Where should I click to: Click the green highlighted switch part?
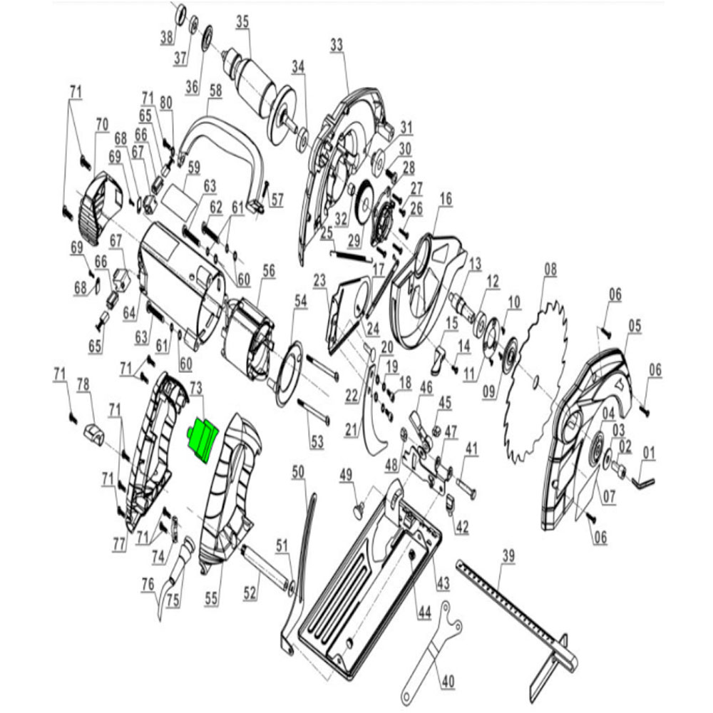pyautogui.click(x=202, y=440)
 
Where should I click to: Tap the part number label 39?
pyautogui.click(x=508, y=555)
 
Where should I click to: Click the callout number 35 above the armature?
pyautogui.click(x=243, y=22)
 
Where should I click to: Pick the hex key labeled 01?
pyautogui.click(x=645, y=482)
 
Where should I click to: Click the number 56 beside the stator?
pyautogui.click(x=269, y=270)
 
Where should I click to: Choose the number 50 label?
pyautogui.click(x=298, y=471)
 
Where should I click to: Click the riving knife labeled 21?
pyautogui.click(x=376, y=421)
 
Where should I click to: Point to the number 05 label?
pyautogui.click(x=635, y=326)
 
